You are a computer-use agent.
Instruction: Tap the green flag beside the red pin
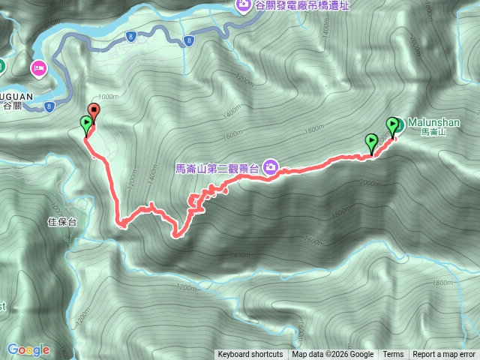point(87,124)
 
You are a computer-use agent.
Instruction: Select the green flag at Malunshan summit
point(392,125)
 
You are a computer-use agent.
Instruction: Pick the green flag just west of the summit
point(370,140)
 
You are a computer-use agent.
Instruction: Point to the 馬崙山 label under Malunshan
point(433,132)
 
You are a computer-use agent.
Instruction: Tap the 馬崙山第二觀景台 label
point(217,169)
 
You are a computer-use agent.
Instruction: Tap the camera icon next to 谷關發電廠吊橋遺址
point(244,7)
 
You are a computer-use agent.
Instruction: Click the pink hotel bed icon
point(38,70)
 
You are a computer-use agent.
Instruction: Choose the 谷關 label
point(13,106)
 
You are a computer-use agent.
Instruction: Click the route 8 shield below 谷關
point(48,106)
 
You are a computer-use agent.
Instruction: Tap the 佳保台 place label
point(62,222)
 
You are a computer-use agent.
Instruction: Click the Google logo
point(28,349)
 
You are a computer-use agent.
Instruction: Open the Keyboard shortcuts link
point(250,355)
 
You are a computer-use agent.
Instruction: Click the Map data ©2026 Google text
point(333,355)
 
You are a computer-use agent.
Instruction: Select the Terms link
point(393,355)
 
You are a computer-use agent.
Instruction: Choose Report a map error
point(445,355)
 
